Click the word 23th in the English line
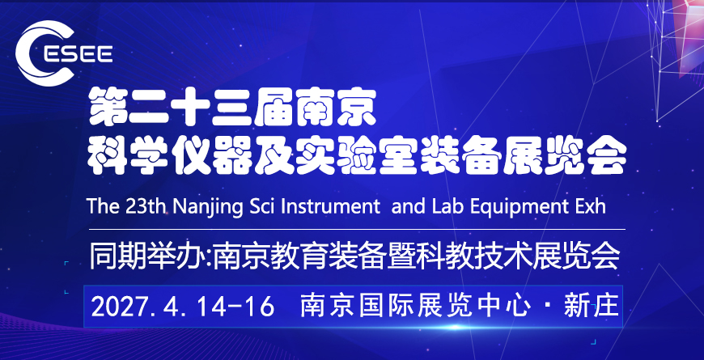coord(145,206)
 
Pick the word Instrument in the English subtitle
coord(322,206)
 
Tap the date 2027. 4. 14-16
coord(183,307)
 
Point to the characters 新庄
coord(592,307)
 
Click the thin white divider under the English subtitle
coord(357,230)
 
